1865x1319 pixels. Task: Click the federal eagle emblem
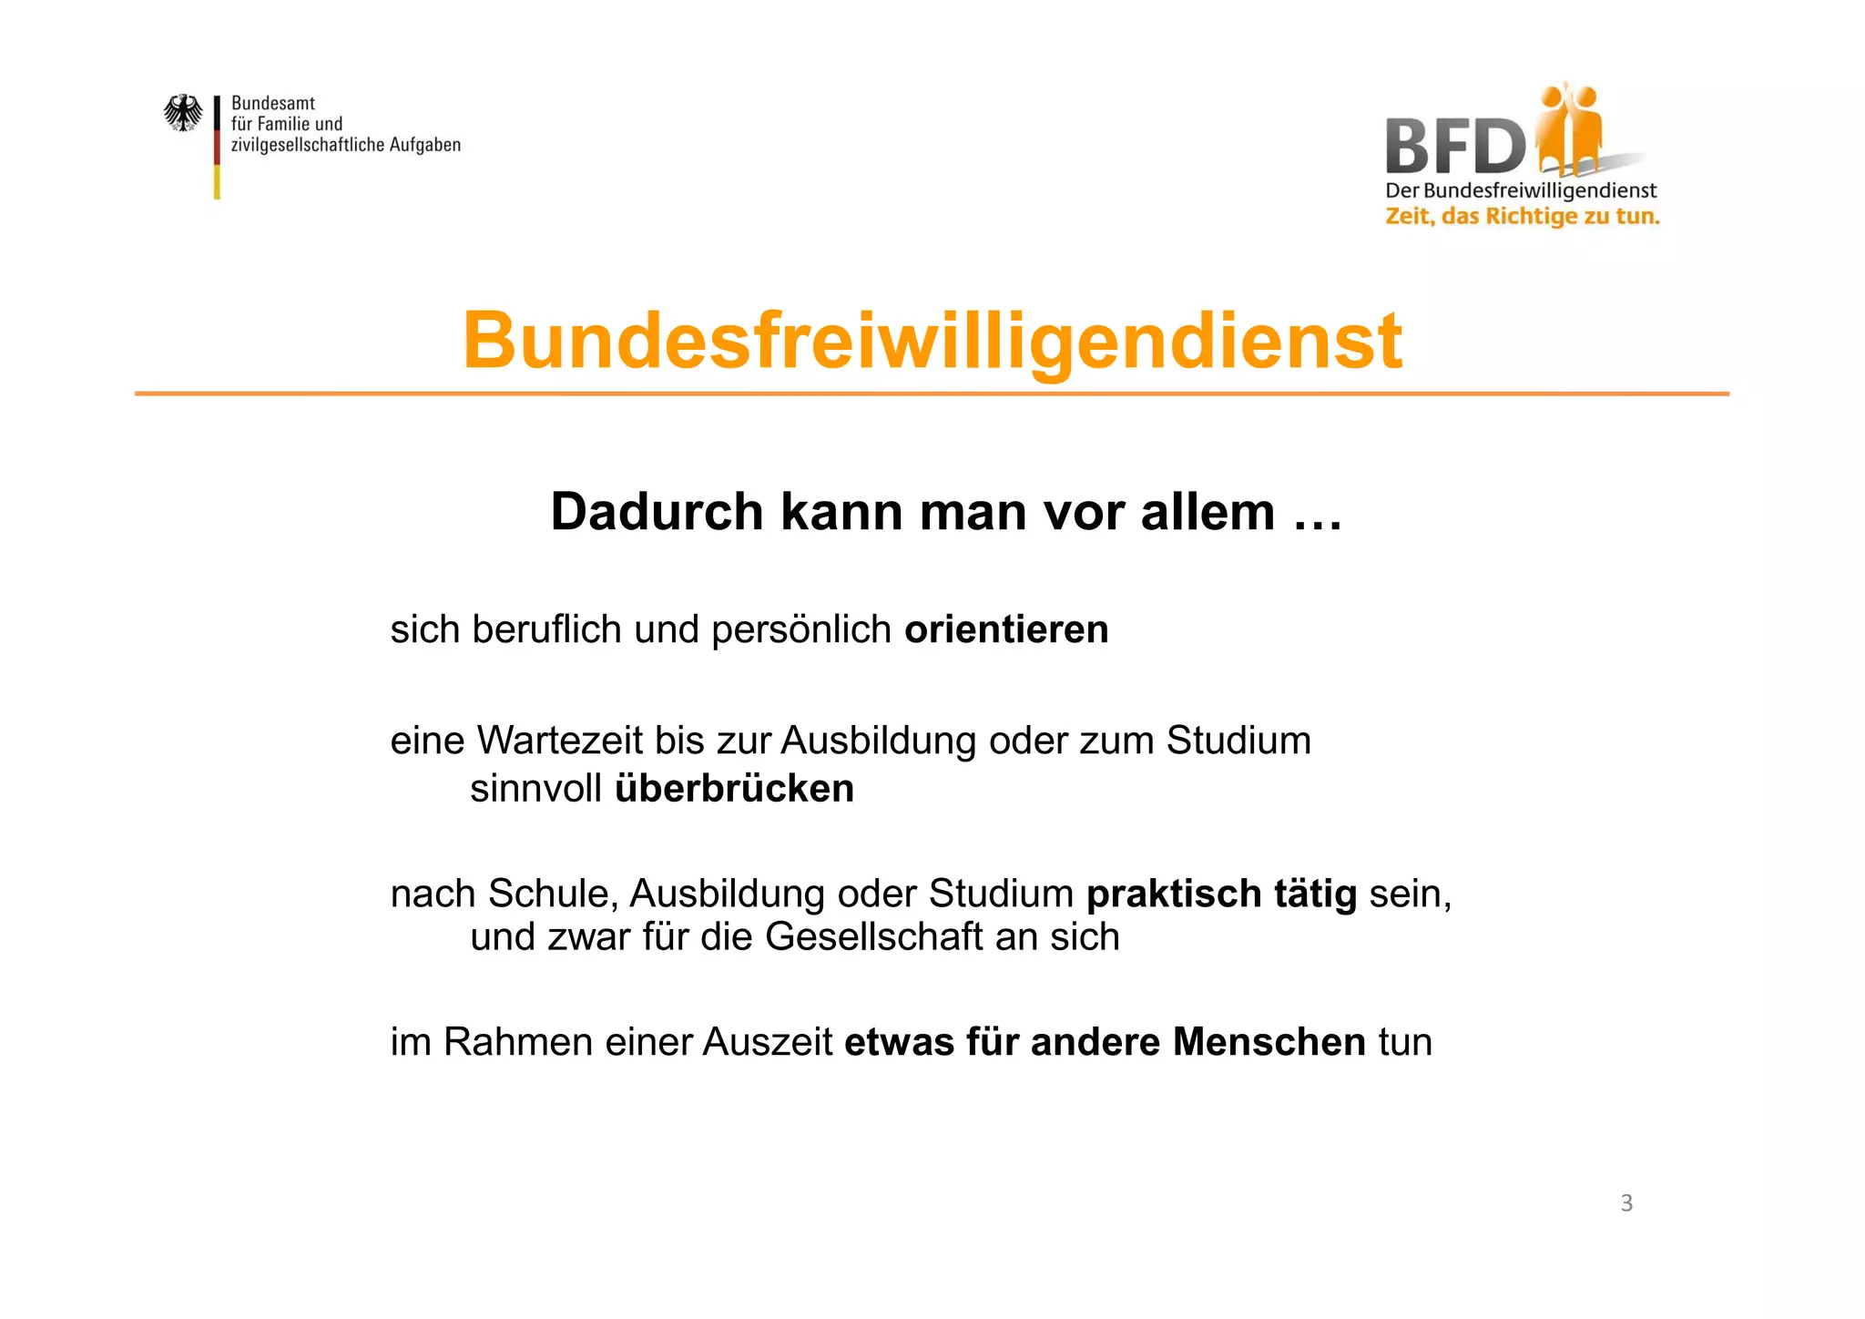click(x=183, y=114)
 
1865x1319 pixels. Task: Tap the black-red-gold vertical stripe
click(x=217, y=147)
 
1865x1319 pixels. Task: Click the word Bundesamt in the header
click(x=273, y=104)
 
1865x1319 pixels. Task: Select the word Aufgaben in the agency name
click(x=425, y=145)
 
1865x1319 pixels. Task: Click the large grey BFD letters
click(x=1453, y=147)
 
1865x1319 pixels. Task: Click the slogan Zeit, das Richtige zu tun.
click(x=1523, y=217)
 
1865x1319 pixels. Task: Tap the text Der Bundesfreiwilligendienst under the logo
click(x=1521, y=191)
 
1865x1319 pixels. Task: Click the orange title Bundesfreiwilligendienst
click(x=932, y=342)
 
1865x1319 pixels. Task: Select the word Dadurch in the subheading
click(x=657, y=512)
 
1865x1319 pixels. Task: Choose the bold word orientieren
click(x=1006, y=630)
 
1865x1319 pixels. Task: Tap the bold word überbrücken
click(x=734, y=789)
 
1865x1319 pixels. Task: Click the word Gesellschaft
click(x=873, y=937)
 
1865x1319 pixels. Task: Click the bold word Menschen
click(x=1269, y=1042)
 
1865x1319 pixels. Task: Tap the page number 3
click(x=1626, y=1203)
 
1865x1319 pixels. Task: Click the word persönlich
click(x=801, y=630)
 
